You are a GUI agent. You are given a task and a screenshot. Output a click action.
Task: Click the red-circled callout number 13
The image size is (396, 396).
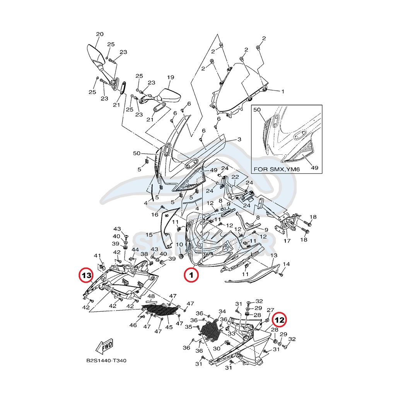pos(86,275)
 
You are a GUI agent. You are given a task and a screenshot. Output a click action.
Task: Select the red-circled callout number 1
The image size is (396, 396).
pos(191,275)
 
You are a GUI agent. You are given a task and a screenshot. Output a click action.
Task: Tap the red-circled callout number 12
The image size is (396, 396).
pos(280,320)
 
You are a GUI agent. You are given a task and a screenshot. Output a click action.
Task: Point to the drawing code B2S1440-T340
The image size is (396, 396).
pos(106,361)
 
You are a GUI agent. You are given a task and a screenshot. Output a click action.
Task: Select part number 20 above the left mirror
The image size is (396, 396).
pos(99,34)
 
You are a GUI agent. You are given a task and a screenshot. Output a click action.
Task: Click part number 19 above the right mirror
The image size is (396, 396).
pos(171,77)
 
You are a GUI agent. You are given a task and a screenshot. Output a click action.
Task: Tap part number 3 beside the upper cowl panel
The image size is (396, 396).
pos(239,139)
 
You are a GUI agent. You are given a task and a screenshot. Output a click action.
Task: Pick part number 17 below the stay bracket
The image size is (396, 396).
pos(287,241)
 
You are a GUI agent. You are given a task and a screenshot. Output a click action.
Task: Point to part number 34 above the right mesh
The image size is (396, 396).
pos(222,311)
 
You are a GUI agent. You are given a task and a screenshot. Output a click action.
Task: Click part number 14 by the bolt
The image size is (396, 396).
pos(286,264)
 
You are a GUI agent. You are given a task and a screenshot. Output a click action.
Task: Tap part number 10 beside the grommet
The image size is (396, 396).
pos(179,244)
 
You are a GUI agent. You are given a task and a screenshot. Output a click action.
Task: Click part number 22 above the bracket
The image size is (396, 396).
pos(234,177)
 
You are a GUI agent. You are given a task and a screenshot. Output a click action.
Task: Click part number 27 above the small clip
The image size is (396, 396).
pos(270,310)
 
